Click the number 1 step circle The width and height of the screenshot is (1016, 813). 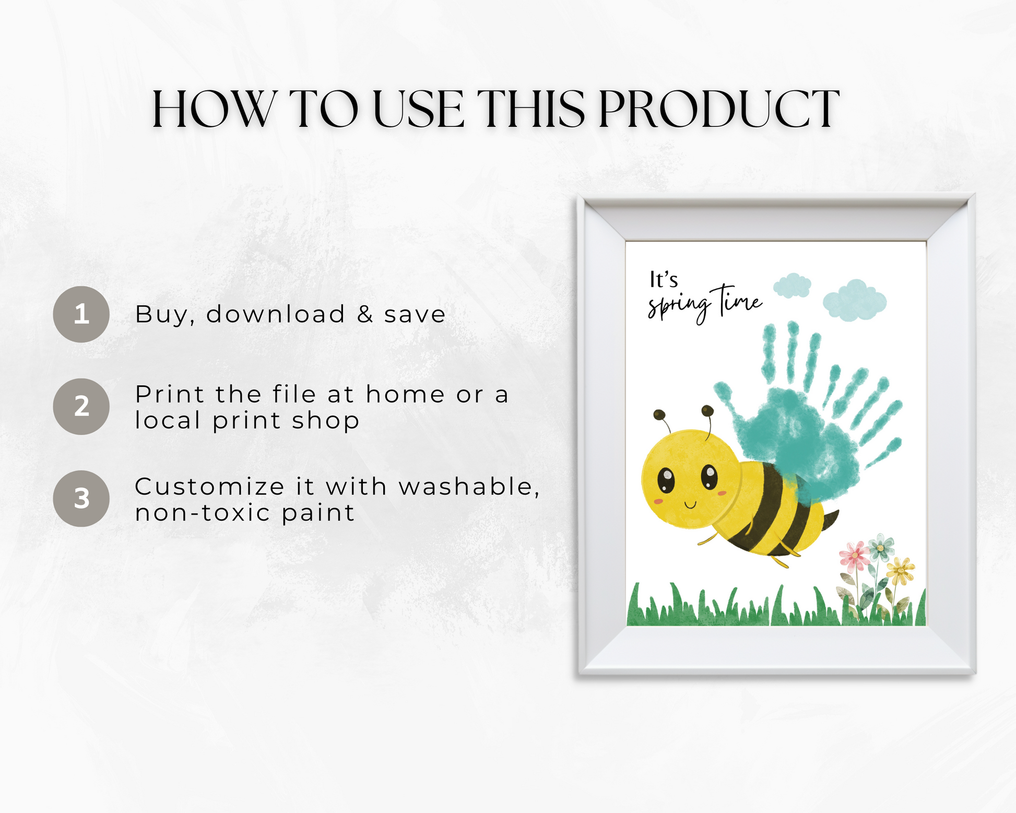(81, 314)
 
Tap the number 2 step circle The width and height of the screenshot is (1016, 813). (81, 407)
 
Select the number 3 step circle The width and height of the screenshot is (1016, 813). (81, 499)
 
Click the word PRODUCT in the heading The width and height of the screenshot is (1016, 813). (719, 109)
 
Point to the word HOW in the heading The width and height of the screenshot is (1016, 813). (213, 109)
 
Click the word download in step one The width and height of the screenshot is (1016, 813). (276, 314)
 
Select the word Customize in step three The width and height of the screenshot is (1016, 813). (209, 487)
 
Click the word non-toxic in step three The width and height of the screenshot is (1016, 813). (203, 513)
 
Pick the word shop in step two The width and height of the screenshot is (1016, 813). (326, 421)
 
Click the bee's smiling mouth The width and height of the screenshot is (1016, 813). (690, 505)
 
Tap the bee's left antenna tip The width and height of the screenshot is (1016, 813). (659, 415)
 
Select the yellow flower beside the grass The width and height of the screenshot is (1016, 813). (901, 571)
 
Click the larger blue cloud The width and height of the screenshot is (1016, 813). (855, 300)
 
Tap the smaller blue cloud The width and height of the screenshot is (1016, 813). (793, 285)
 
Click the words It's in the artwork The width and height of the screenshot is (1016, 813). (664, 280)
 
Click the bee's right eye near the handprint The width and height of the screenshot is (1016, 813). (710, 477)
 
